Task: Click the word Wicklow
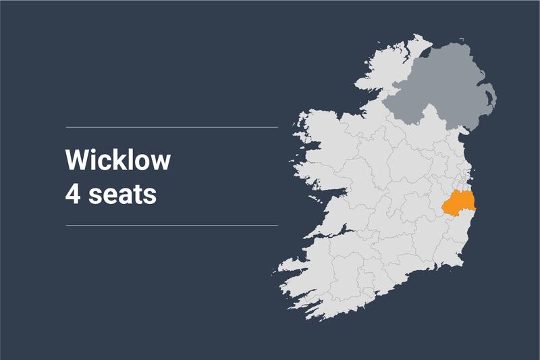[x=118, y=161]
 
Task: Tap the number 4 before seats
[x=72, y=195]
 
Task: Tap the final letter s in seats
[x=151, y=196]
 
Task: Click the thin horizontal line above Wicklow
[x=171, y=127]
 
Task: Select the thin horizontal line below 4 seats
[x=171, y=225]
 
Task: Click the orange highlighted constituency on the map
[x=460, y=204]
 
